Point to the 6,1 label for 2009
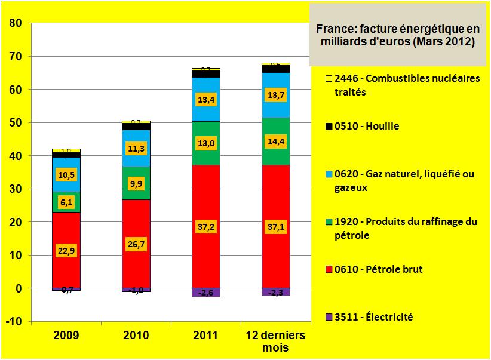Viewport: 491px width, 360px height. (66, 203)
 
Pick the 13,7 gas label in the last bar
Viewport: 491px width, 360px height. (276, 95)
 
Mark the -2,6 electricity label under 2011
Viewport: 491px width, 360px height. (206, 292)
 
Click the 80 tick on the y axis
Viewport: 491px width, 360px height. (15, 23)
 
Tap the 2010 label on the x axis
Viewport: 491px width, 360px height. (136, 336)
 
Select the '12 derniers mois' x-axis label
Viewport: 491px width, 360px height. (276, 341)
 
